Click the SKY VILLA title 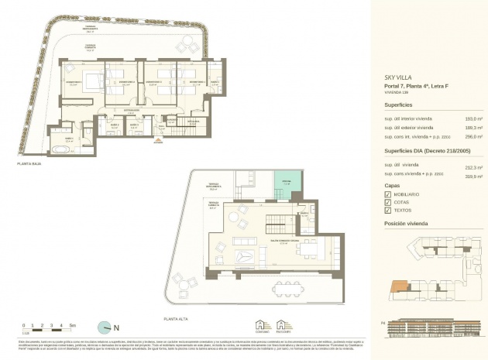pos(400,77)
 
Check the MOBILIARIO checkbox pos(388,194)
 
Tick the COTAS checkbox pos(388,202)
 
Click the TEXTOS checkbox pos(388,210)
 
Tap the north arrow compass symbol pos(105,327)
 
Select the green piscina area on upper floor pos(285,186)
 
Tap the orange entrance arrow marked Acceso pos(158,141)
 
